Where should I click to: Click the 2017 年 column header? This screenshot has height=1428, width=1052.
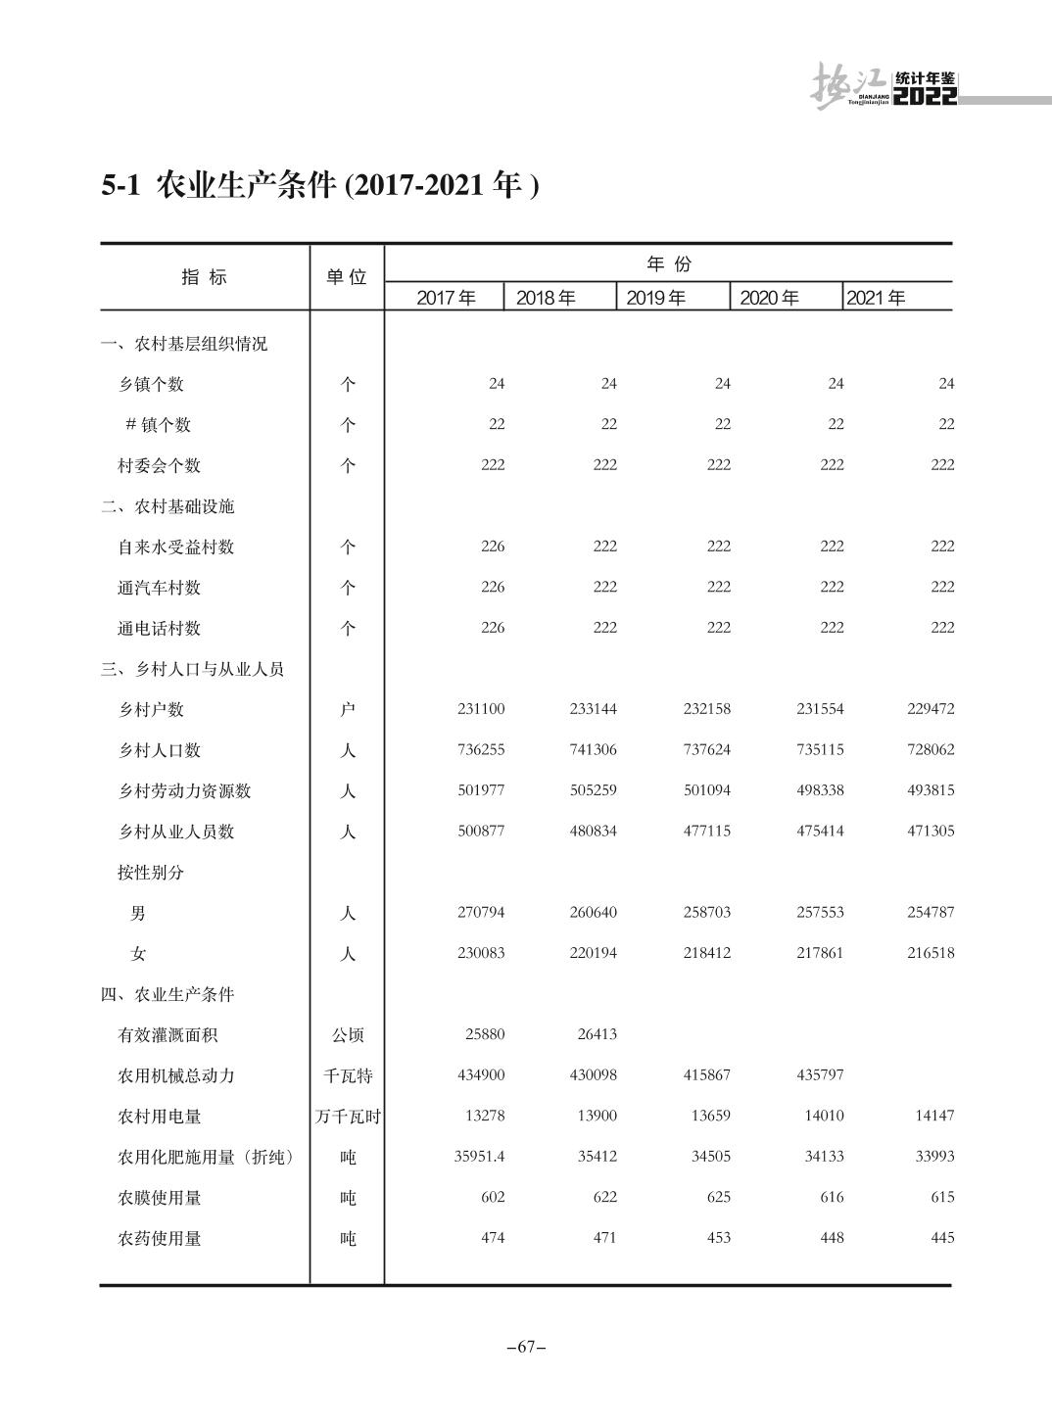click(446, 298)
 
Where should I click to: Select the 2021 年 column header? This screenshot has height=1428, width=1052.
click(876, 298)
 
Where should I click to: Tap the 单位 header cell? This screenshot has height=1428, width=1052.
click(347, 277)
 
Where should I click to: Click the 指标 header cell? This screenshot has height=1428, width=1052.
click(204, 277)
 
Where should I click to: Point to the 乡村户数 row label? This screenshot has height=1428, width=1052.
click(151, 709)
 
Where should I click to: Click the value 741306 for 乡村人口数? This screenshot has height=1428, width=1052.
click(593, 749)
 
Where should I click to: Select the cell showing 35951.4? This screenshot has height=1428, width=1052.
click(479, 1156)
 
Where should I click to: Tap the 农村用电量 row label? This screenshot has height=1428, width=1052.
click(160, 1116)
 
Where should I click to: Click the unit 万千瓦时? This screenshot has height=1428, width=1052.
click(347, 1116)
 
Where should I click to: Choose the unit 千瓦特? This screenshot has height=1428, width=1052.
click(347, 1075)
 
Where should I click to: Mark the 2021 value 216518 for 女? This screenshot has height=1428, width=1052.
click(930, 952)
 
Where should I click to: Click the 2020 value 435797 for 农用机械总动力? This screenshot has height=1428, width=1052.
click(819, 1074)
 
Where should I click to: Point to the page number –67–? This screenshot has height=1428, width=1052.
click(526, 1347)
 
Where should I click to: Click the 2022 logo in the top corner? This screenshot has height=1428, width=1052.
click(925, 97)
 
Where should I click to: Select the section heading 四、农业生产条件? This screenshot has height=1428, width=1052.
click(167, 994)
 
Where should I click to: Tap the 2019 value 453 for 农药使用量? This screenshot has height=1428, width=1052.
click(718, 1237)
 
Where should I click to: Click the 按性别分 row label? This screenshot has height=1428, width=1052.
click(151, 872)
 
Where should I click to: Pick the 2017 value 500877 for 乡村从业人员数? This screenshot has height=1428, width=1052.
click(480, 831)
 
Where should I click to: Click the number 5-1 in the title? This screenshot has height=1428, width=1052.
click(122, 184)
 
